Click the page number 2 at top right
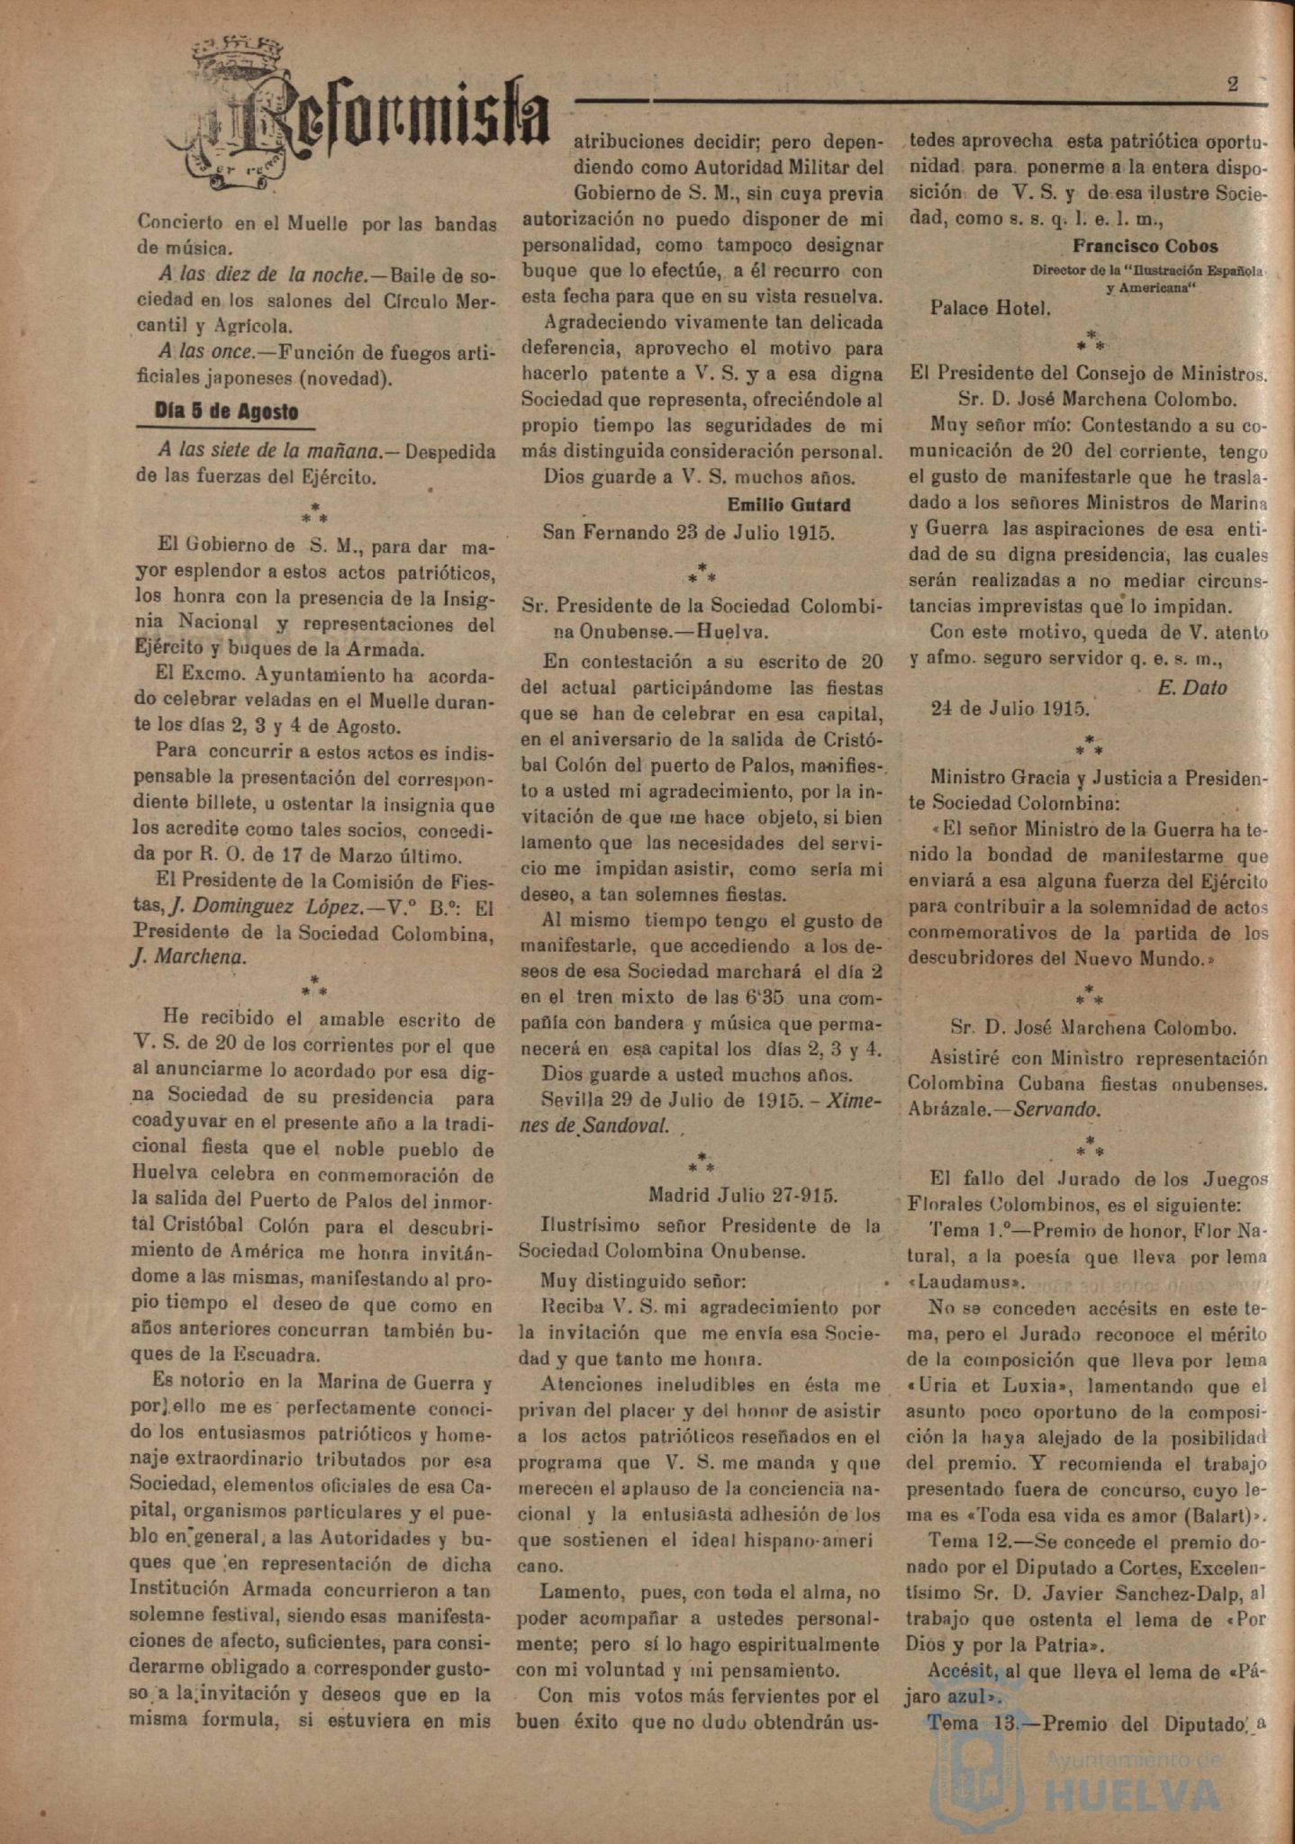[1233, 85]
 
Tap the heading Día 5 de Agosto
[226, 411]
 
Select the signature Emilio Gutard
[788, 504]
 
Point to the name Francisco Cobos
[1145, 246]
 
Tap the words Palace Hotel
[990, 309]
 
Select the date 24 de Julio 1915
[1010, 707]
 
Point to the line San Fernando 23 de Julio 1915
[689, 531]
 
